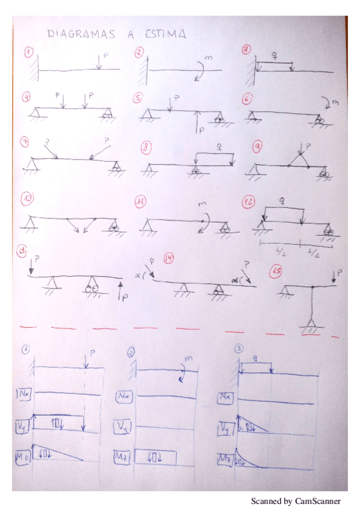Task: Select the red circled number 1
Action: click(x=28, y=52)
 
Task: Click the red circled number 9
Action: click(x=256, y=146)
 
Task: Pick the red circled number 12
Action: click(x=249, y=201)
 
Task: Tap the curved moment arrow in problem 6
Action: click(x=327, y=100)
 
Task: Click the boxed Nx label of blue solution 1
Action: click(x=25, y=394)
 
